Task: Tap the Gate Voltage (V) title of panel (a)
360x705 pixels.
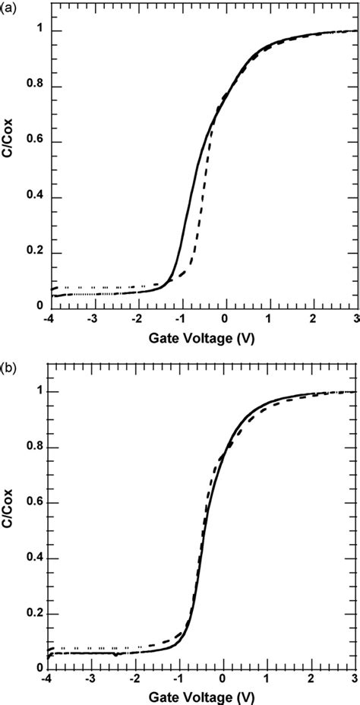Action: pyautogui.click(x=203, y=338)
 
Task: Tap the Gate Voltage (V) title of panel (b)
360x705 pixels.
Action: pyautogui.click(x=203, y=698)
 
